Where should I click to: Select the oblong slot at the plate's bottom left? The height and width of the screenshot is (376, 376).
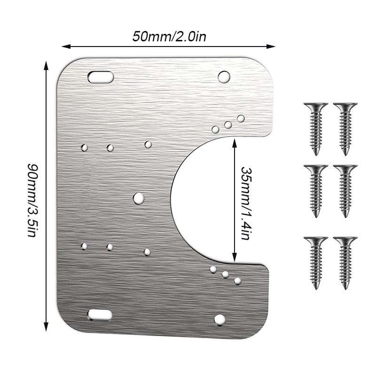tap(100, 315)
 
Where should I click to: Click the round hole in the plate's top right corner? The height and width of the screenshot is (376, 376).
tap(224, 76)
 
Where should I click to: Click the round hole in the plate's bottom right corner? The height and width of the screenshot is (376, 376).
tap(219, 321)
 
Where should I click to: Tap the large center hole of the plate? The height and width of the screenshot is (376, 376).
tap(138, 198)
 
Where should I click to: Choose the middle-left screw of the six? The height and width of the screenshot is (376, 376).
tap(315, 190)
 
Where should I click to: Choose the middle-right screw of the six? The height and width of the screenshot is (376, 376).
tap(345, 190)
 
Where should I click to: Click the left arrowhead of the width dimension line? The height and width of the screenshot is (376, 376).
tap(65, 46)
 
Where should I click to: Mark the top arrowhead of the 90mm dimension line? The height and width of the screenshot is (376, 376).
tap(46, 63)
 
